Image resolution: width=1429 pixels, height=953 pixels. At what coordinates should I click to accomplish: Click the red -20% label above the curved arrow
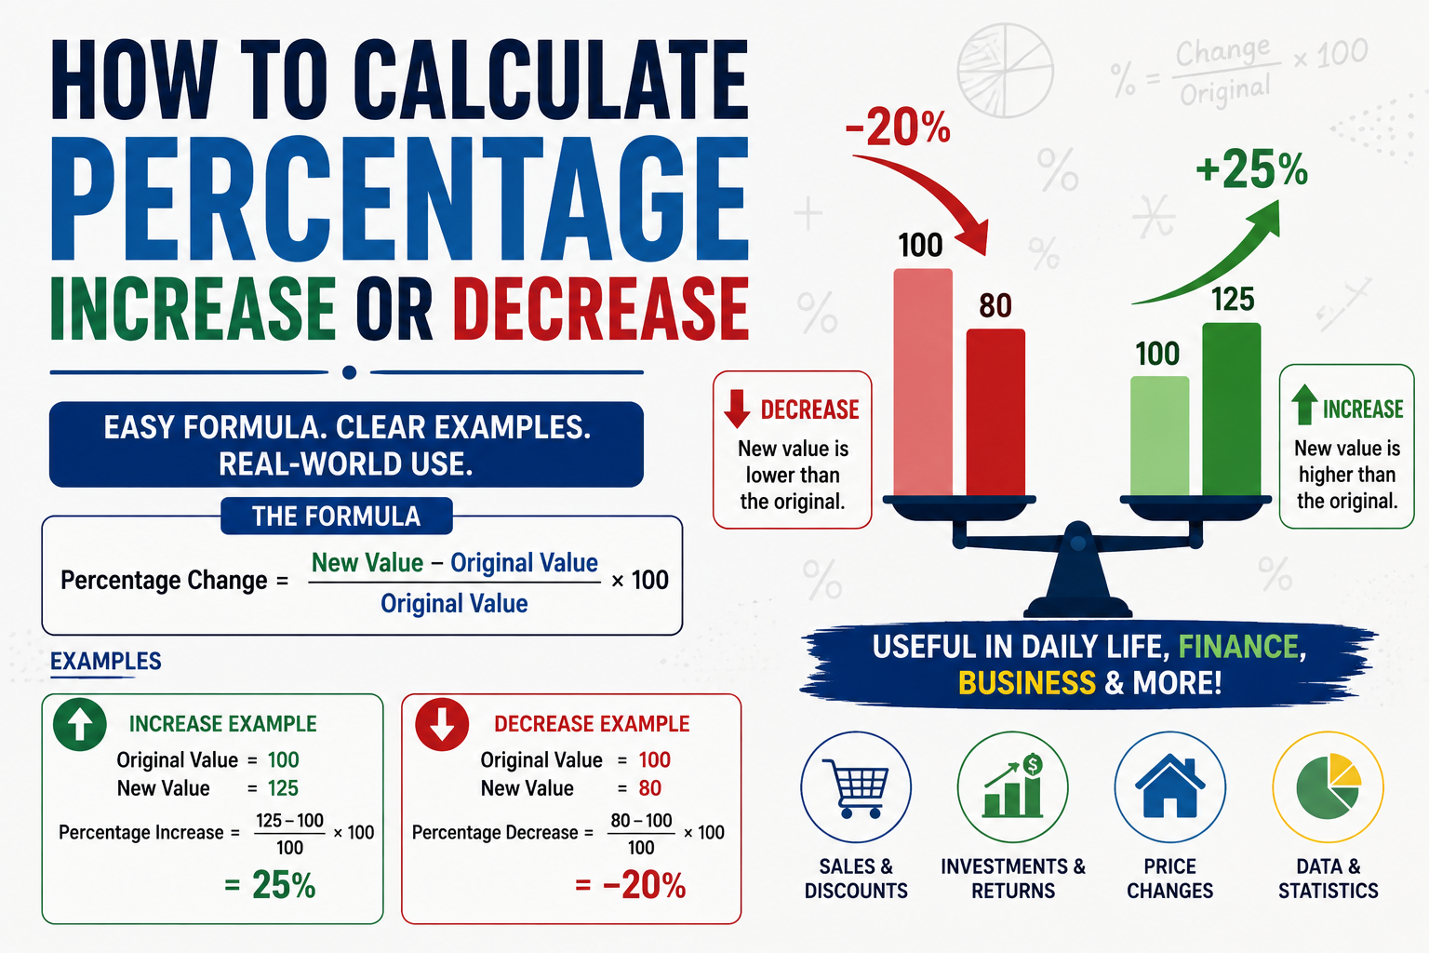pyautogui.click(x=898, y=127)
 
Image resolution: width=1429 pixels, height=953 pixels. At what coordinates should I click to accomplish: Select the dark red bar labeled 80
pyautogui.click(x=995, y=412)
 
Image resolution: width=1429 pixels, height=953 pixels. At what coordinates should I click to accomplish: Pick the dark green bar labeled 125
pyautogui.click(x=1232, y=409)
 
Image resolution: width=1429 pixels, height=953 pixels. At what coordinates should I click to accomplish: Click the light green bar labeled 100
pyautogui.click(x=1160, y=436)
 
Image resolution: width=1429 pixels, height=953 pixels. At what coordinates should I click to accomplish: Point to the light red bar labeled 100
pyautogui.click(x=923, y=383)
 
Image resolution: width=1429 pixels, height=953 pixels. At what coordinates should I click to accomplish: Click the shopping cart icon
pyautogui.click(x=856, y=787)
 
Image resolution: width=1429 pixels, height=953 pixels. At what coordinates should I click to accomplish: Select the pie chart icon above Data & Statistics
pyautogui.click(x=1329, y=787)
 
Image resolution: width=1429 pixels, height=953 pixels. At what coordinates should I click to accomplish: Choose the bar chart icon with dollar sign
pyautogui.click(x=1013, y=785)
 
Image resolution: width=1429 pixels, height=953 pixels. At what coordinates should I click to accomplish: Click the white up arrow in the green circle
pyautogui.click(x=80, y=725)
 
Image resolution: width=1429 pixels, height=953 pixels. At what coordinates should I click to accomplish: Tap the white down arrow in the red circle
pyautogui.click(x=442, y=725)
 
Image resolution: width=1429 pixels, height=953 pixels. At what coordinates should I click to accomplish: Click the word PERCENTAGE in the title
pyautogui.click(x=399, y=198)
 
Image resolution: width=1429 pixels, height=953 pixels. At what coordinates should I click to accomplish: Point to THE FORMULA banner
pyautogui.click(x=336, y=516)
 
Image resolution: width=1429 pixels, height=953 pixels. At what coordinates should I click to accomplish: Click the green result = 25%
pyautogui.click(x=270, y=885)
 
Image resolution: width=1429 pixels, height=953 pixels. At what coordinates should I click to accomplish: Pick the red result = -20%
pyautogui.click(x=630, y=885)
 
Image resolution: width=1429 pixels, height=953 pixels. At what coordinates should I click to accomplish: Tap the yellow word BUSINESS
pyautogui.click(x=1027, y=682)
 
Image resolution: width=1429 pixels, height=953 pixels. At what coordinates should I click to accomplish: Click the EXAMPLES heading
pyautogui.click(x=106, y=661)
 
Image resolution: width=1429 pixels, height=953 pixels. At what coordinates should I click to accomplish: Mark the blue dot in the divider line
pyautogui.click(x=349, y=372)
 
